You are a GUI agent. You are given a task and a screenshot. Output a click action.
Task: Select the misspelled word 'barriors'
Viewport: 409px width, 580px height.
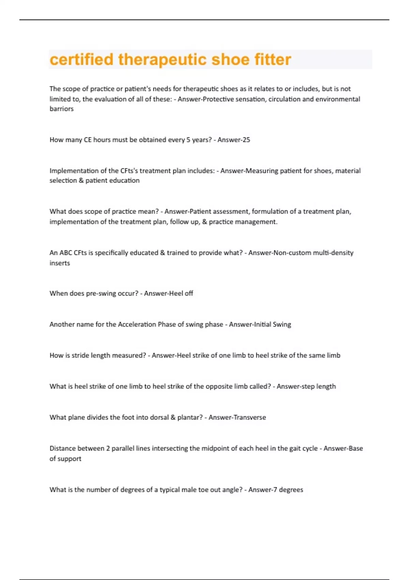point(62,109)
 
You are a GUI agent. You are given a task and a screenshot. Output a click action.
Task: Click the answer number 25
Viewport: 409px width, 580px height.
point(246,140)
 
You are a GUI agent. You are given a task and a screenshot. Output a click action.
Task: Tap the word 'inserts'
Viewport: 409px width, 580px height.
point(60,263)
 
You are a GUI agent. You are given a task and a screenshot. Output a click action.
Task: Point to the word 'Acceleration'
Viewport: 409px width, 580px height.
point(137,324)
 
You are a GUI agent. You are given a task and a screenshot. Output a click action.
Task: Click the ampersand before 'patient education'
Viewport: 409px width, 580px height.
point(81,181)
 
